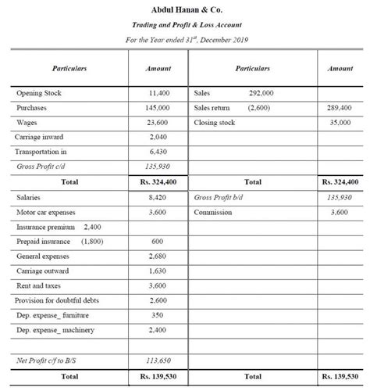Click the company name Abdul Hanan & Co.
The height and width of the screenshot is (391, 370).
[186, 9]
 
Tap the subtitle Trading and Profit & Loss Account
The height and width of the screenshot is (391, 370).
[186, 25]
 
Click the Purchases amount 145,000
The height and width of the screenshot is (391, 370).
[158, 108]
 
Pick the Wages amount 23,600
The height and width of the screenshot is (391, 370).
[158, 123]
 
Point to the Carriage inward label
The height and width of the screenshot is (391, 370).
[41, 137]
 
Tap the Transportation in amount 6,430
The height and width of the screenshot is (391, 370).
[158, 152]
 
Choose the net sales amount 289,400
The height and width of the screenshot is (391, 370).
[340, 108]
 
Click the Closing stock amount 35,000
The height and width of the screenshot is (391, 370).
[340, 123]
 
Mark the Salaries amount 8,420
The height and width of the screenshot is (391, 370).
[158, 198]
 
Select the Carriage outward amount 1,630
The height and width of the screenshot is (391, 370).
[158, 271]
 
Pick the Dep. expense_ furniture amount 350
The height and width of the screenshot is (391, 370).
[158, 315]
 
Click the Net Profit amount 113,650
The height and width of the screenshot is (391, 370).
[158, 361]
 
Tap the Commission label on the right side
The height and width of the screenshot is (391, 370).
[213, 212]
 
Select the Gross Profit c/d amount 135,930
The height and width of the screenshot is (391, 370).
[158, 167]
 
